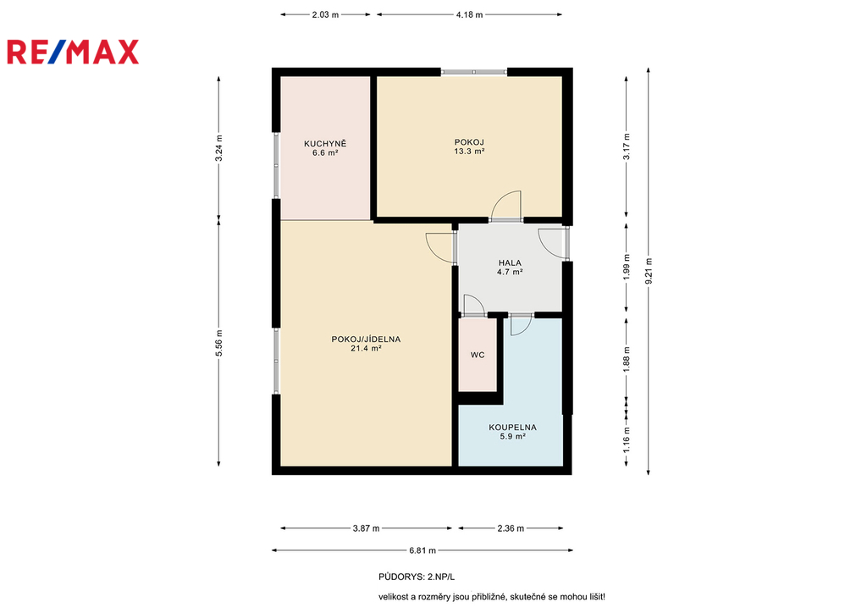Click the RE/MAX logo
pyautogui.click(x=73, y=52)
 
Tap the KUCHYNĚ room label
pyautogui.click(x=325, y=144)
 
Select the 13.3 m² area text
pyautogui.click(x=469, y=151)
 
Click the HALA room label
pyautogui.click(x=510, y=263)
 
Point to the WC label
pyautogui.click(x=478, y=355)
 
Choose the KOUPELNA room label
pyautogui.click(x=512, y=428)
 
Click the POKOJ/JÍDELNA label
pyautogui.click(x=366, y=340)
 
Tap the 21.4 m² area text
pyautogui.click(x=366, y=348)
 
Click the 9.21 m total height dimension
pyautogui.click(x=649, y=272)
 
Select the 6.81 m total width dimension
pyautogui.click(x=422, y=550)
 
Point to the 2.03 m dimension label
pyautogui.click(x=325, y=15)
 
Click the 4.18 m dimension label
pyautogui.click(x=469, y=15)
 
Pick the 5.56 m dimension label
pyautogui.click(x=219, y=343)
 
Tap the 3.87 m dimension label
pyautogui.click(x=366, y=528)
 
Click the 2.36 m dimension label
pyautogui.click(x=511, y=528)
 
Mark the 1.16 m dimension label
pyautogui.click(x=627, y=439)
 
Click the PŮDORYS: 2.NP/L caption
pyautogui.click(x=417, y=577)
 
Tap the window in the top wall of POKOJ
pyautogui.click(x=474, y=71)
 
